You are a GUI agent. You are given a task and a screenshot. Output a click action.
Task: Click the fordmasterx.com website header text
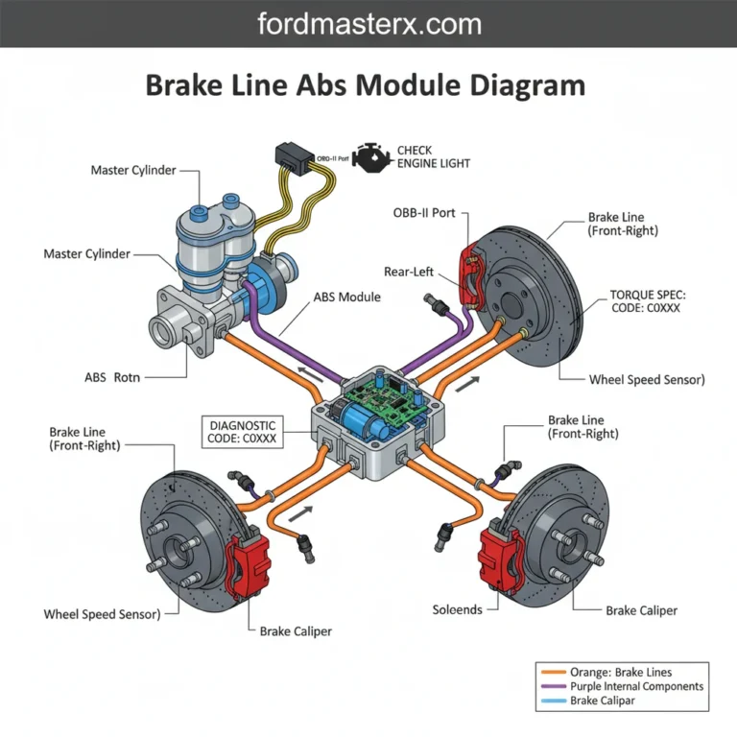coord(368,24)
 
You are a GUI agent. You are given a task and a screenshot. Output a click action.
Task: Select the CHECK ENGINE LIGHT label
coord(433,157)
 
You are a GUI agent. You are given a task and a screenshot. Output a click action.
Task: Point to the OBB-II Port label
coord(424,212)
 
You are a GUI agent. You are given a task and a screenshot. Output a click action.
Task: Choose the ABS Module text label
coord(346,297)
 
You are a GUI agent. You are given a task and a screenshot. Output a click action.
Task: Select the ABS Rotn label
coord(112,377)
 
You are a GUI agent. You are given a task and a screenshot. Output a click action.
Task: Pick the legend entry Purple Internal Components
coord(636,686)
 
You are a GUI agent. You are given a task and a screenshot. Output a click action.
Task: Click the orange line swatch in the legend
coord(553,673)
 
